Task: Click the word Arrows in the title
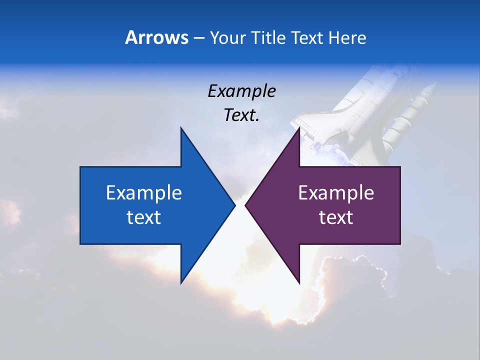(156, 37)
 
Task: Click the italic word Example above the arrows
(241, 91)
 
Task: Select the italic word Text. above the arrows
(241, 115)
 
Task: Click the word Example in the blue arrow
(144, 192)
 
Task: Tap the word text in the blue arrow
(144, 217)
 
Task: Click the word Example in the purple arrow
(336, 192)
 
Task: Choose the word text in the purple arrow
(336, 217)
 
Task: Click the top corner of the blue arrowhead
(181, 128)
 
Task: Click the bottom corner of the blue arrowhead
(181, 282)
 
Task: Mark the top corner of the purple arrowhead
(299, 128)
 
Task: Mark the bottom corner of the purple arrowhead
(299, 282)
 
